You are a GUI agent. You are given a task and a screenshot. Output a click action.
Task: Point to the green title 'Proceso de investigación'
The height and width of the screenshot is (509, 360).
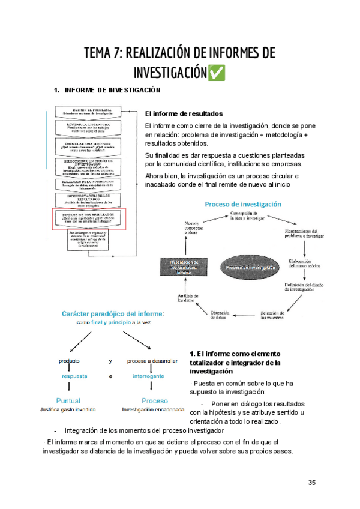[x=243, y=204]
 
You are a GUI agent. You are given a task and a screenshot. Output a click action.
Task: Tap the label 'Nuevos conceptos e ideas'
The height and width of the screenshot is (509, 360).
[x=194, y=229]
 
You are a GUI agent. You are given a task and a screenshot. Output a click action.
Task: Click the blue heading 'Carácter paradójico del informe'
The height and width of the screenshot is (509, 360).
[x=112, y=314]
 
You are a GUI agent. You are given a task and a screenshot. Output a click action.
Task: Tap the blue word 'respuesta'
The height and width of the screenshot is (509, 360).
[x=75, y=376]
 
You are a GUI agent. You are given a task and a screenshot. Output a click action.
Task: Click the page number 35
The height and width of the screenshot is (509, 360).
[x=311, y=482]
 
